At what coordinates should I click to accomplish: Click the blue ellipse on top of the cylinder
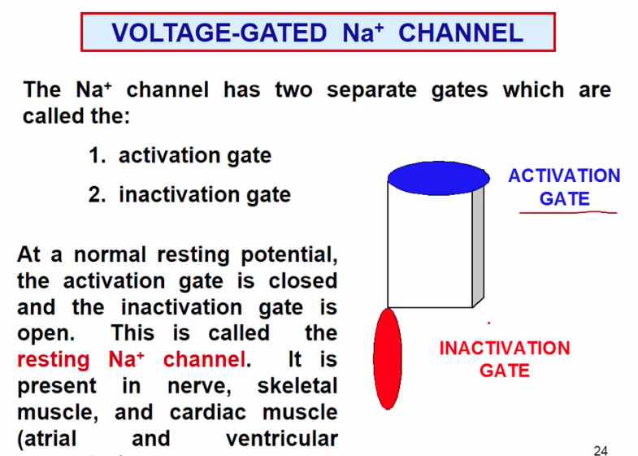pyautogui.click(x=438, y=178)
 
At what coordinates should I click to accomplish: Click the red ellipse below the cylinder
pyautogui.click(x=388, y=358)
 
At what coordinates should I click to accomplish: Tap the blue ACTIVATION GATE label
pyautogui.click(x=564, y=187)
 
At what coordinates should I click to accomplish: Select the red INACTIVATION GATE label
pyautogui.click(x=505, y=359)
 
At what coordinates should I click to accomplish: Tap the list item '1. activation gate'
pyautogui.click(x=180, y=155)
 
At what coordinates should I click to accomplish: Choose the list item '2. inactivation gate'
pyautogui.click(x=189, y=195)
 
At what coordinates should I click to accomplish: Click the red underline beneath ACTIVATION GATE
pyautogui.click(x=568, y=213)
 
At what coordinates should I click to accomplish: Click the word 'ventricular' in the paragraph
pyautogui.click(x=281, y=439)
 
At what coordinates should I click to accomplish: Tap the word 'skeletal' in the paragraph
pyautogui.click(x=297, y=386)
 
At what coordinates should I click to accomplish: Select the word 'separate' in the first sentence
pyautogui.click(x=369, y=89)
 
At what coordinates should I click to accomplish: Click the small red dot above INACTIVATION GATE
pyautogui.click(x=488, y=324)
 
